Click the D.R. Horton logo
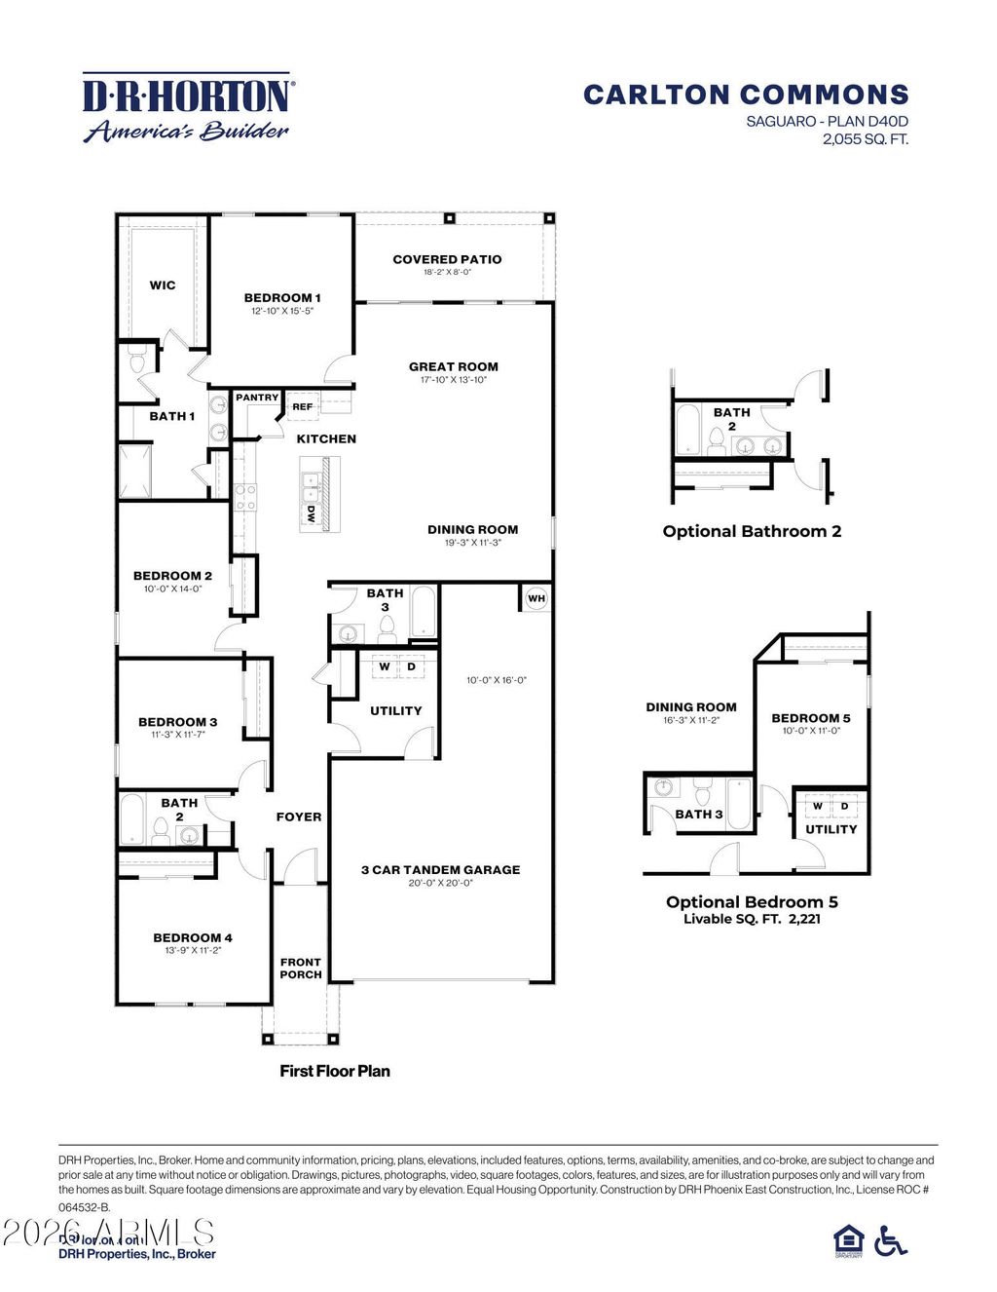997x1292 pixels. tap(187, 107)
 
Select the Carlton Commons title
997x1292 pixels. tap(746, 95)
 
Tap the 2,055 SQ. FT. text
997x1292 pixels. tap(865, 138)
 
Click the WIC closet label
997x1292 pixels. tap(163, 285)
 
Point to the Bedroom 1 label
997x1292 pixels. tap(282, 298)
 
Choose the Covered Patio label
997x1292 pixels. tap(447, 259)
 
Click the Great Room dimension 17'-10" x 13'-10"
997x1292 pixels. tap(454, 380)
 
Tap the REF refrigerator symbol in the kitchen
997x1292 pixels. tap(303, 406)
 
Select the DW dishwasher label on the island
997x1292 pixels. tap(311, 515)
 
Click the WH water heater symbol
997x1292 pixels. tap(536, 598)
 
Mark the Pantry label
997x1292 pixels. tap(257, 398)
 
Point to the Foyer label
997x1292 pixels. tap(299, 817)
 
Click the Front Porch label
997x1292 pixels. tap(301, 968)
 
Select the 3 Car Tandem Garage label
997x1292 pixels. tap(440, 869)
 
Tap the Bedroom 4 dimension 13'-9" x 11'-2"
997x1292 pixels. tap(193, 950)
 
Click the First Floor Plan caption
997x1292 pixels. tap(335, 1071)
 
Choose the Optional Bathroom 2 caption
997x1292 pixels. tap(752, 531)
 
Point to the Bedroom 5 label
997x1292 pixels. tap(811, 718)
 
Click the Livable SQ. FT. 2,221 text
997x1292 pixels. tap(752, 919)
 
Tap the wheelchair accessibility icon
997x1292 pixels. tap(891, 1240)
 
